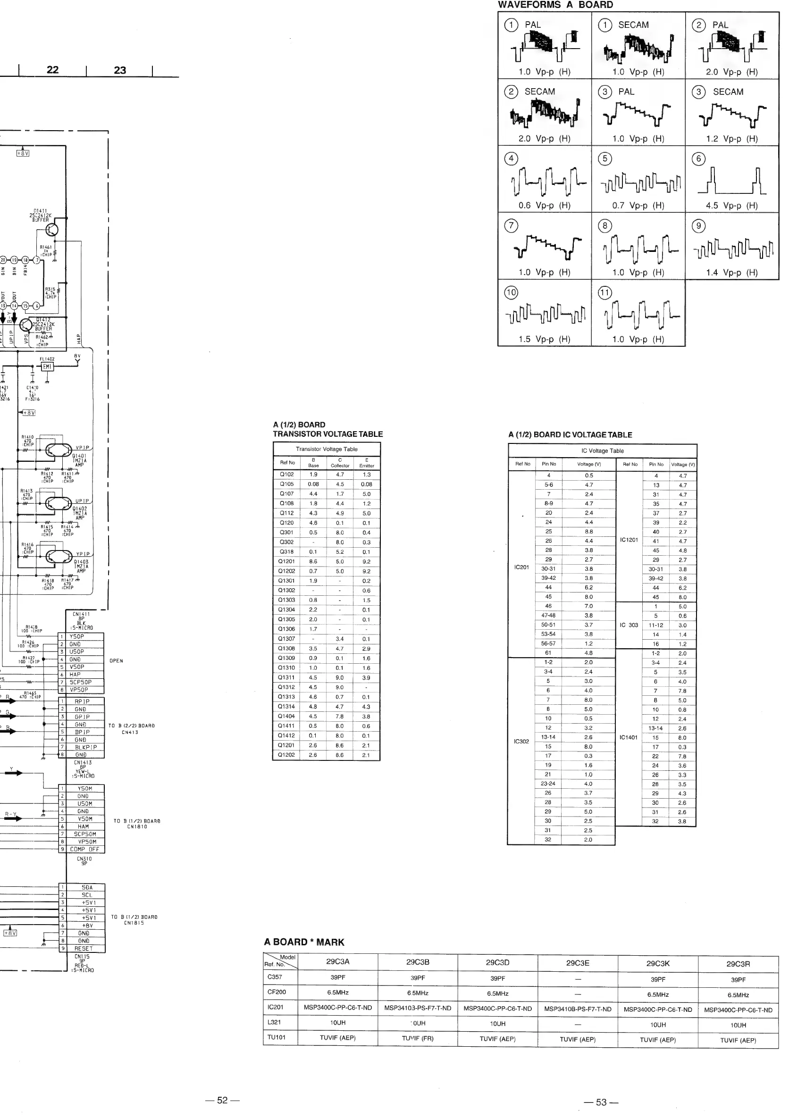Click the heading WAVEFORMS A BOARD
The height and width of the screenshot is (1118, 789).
click(x=555, y=5)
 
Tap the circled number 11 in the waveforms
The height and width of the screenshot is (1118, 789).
click(x=604, y=292)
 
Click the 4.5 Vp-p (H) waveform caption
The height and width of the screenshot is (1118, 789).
click(x=731, y=206)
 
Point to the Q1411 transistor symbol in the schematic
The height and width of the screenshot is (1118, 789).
click(x=51, y=230)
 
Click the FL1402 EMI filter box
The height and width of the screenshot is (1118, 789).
click(x=47, y=367)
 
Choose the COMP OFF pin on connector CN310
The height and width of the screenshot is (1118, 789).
click(x=84, y=849)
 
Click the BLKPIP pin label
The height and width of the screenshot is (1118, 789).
click(x=86, y=747)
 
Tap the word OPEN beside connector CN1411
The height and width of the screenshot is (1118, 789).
click(x=117, y=661)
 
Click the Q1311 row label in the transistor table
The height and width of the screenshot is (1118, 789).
click(x=286, y=677)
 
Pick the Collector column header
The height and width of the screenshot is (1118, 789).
click(x=340, y=463)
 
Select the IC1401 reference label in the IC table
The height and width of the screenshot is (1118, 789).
click(x=628, y=737)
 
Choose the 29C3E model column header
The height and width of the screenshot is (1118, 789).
click(x=578, y=963)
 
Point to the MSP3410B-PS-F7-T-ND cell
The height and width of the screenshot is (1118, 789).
click(x=578, y=1009)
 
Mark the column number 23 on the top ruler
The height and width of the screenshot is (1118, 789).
click(x=120, y=70)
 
